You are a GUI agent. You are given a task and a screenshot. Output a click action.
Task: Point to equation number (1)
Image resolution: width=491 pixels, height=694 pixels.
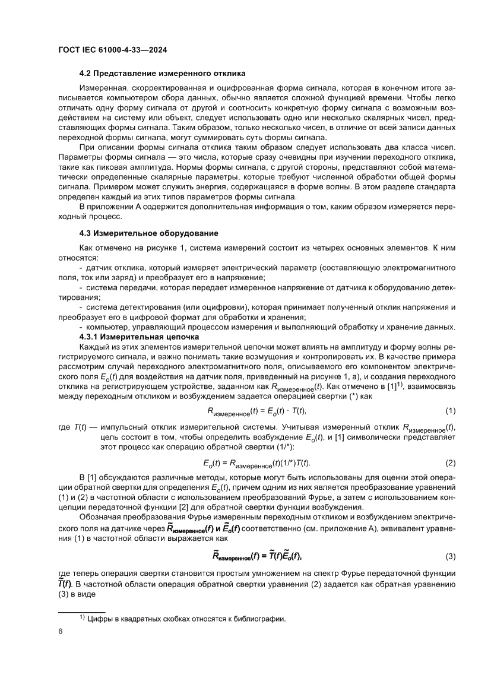(450, 411)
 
